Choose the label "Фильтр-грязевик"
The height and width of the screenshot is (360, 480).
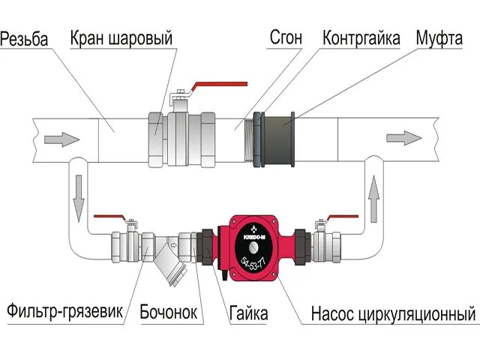coord(65,311)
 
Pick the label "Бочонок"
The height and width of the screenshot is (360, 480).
coord(169,311)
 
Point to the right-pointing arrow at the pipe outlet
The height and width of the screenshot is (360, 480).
coord(403,138)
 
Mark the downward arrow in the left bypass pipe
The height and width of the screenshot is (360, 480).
coord(79,197)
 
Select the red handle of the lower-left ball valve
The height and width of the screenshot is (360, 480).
coord(112,215)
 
